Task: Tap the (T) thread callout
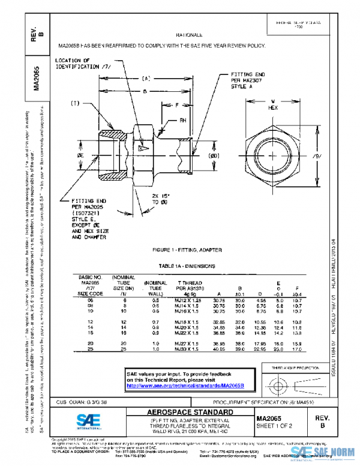click(x=75, y=103)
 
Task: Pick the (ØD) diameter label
click(x=214, y=156)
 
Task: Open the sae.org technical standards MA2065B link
click(x=185, y=385)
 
